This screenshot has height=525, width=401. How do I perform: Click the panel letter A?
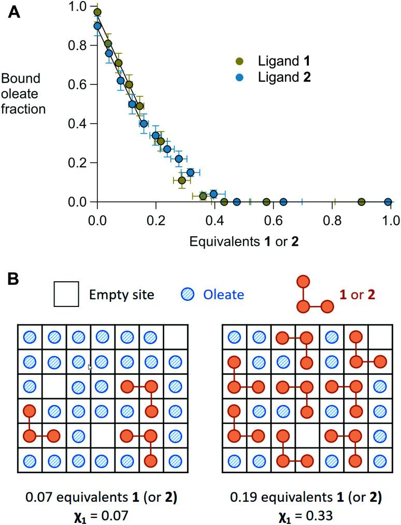pyautogui.click(x=15, y=12)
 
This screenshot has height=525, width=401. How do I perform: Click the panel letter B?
pyautogui.click(x=15, y=279)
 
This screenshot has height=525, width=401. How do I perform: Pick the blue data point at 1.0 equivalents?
pyautogui.click(x=388, y=202)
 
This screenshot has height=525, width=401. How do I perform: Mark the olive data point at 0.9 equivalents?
pyautogui.click(x=362, y=202)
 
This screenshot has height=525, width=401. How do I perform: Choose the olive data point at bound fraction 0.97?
pyautogui.click(x=97, y=12)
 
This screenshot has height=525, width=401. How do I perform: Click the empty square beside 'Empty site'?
pyautogui.click(x=66, y=295)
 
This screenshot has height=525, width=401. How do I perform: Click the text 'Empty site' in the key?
pyautogui.click(x=122, y=295)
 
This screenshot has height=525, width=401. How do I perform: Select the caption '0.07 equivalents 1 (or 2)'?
pyautogui.click(x=102, y=498)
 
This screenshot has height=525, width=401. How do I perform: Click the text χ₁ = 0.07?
pyautogui.click(x=102, y=515)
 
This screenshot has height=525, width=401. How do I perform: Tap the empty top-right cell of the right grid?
pyautogui.click(x=380, y=337)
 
